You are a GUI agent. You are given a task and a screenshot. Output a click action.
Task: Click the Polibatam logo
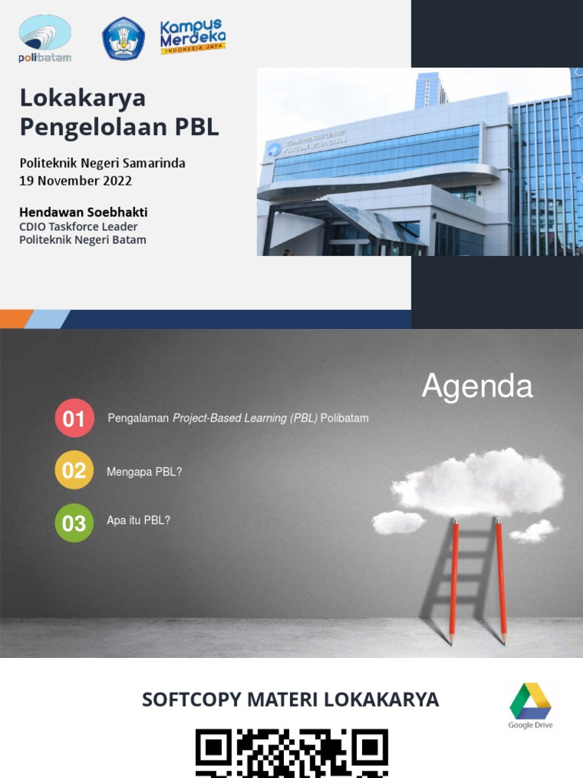click(x=45, y=39)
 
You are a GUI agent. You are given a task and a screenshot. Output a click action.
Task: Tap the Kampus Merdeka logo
click(x=193, y=36)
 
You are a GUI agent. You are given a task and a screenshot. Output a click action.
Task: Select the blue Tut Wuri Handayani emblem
click(x=123, y=39)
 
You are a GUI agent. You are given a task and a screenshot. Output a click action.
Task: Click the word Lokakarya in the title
click(x=83, y=98)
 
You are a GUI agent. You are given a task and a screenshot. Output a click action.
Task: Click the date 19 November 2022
click(x=76, y=181)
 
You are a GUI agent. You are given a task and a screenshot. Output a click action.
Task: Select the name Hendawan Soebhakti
click(x=84, y=212)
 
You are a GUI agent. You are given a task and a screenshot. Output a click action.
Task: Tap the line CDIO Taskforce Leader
click(x=78, y=226)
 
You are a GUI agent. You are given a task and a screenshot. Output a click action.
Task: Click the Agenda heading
click(x=477, y=386)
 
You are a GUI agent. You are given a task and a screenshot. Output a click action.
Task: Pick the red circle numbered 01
click(x=74, y=418)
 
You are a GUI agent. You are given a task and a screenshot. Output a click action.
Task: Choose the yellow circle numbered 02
click(x=74, y=470)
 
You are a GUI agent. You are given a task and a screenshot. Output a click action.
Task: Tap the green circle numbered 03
click(x=74, y=523)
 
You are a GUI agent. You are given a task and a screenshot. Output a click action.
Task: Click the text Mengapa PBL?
click(x=144, y=472)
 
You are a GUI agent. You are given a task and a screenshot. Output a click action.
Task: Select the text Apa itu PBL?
click(x=138, y=520)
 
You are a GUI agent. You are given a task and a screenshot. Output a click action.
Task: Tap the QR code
click(x=291, y=753)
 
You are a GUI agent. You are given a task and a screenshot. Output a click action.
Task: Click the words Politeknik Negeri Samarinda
click(x=102, y=163)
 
